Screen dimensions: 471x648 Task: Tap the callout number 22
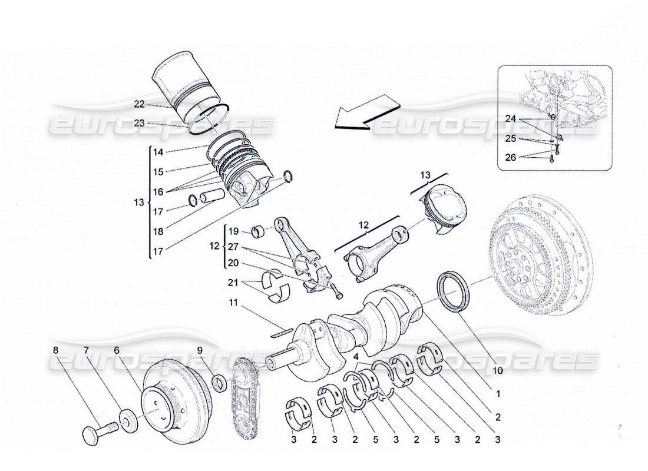pyautogui.click(x=139, y=104)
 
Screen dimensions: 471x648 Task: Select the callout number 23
pyautogui.click(x=139, y=124)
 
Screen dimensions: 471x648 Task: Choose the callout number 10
pyautogui.click(x=497, y=371)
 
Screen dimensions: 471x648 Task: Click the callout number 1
pyautogui.click(x=498, y=394)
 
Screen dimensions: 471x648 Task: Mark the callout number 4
pyautogui.click(x=355, y=356)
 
